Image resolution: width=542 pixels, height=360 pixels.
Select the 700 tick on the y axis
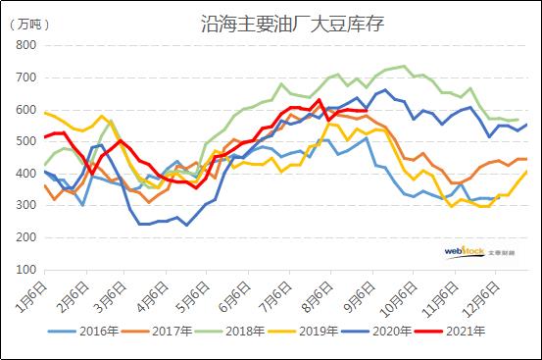point(26,77)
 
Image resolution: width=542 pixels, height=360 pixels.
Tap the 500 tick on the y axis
point(26,141)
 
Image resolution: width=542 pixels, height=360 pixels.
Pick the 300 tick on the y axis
point(26,205)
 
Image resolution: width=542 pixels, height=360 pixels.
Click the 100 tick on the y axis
point(26,269)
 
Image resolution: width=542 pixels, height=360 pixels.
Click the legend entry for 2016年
point(101,332)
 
